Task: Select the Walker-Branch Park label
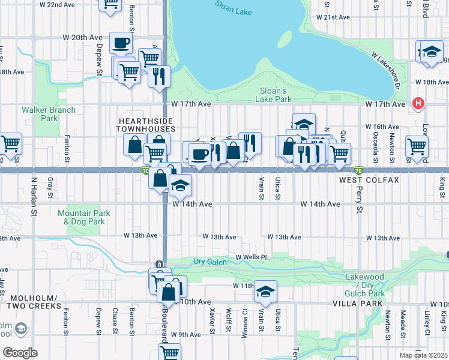pyautogui.click(x=40, y=114)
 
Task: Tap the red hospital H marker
pyautogui.click(x=418, y=104)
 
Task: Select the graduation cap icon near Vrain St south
pyautogui.click(x=264, y=292)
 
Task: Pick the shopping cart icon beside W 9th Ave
pyautogui.click(x=170, y=352)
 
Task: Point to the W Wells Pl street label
pyautogui.click(x=250, y=257)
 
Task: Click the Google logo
pyautogui.click(x=20, y=352)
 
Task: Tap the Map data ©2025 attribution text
pyautogui.click(x=423, y=355)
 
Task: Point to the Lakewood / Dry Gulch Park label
pyautogui.click(x=365, y=281)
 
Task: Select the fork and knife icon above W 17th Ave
pyautogui.click(x=159, y=76)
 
